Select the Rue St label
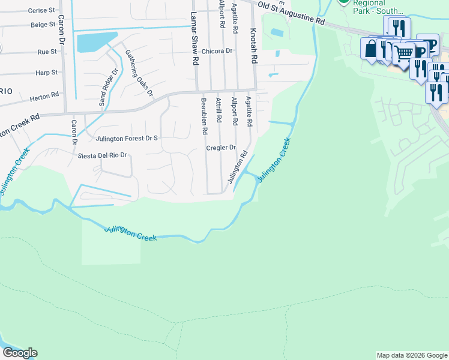pos(43,52)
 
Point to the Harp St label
pos(47,73)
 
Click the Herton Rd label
pos(47,94)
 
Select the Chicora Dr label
pos(217,51)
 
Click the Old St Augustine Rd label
pos(291,13)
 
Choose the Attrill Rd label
pos(219,112)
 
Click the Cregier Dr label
pos(221,147)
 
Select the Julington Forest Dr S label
pos(127,139)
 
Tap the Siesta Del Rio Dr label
pos(103,155)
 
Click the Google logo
pos(20,353)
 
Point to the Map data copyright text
pos(411,355)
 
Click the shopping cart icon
pos(403,53)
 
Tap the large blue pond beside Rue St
pos(95,42)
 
